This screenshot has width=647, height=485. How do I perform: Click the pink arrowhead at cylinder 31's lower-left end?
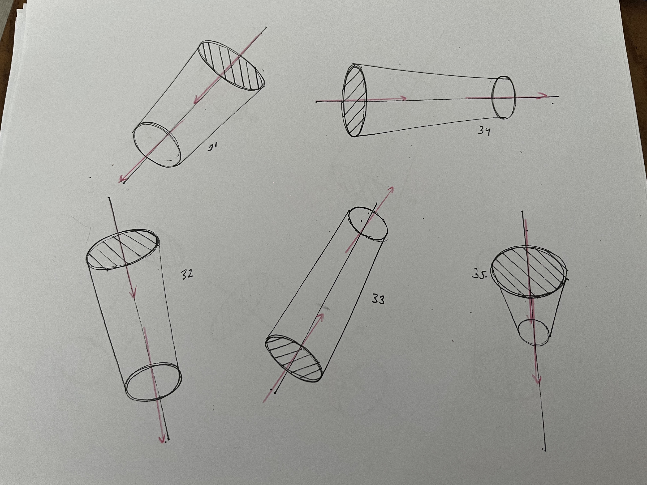coord(123,179)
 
